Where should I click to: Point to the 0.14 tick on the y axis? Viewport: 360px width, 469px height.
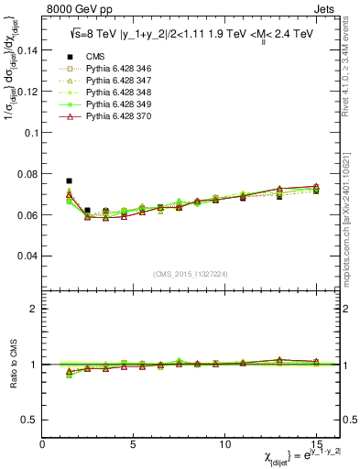[27, 50]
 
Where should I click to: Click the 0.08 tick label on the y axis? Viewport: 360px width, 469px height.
[27, 174]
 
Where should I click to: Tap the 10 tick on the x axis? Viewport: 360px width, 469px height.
[224, 442]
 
